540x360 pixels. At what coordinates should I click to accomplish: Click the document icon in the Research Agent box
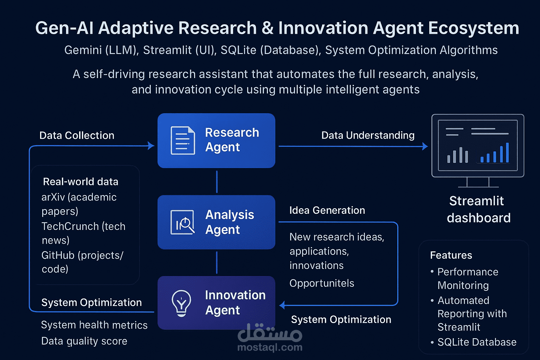click(x=183, y=140)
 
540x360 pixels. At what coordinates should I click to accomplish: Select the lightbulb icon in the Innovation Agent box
click(x=181, y=303)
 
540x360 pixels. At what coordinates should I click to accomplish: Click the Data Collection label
click(x=77, y=135)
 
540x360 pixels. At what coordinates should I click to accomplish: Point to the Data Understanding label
click(x=368, y=135)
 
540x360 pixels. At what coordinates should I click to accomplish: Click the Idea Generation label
click(x=327, y=210)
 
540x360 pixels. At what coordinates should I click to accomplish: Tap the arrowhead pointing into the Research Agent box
click(x=151, y=146)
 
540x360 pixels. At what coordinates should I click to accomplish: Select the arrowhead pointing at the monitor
click(x=425, y=146)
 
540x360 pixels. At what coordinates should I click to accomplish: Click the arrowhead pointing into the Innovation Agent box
click(x=282, y=305)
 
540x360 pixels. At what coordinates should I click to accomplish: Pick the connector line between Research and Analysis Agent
click(x=217, y=182)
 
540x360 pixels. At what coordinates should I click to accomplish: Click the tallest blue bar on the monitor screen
click(x=507, y=152)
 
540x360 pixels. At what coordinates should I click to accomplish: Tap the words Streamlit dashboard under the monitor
click(x=478, y=209)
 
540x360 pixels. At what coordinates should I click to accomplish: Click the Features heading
click(x=451, y=255)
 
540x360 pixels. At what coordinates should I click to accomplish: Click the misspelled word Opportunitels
click(x=322, y=283)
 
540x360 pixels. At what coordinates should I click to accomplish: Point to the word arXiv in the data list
click(x=53, y=197)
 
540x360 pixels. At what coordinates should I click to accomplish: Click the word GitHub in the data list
click(x=58, y=255)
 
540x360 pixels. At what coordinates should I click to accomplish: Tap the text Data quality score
click(x=84, y=341)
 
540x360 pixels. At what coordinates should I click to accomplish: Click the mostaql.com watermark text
click(x=270, y=347)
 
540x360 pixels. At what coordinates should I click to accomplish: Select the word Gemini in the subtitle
click(x=83, y=50)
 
